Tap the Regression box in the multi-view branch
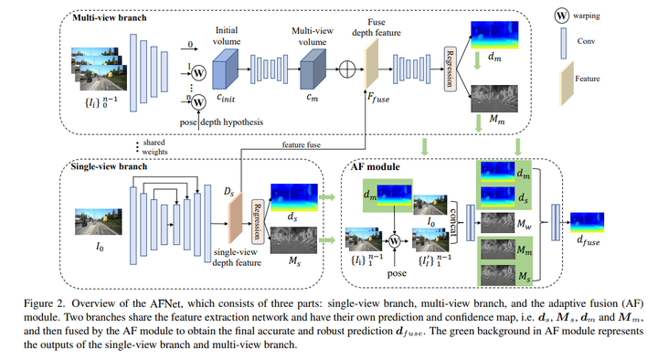tap(450, 69)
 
